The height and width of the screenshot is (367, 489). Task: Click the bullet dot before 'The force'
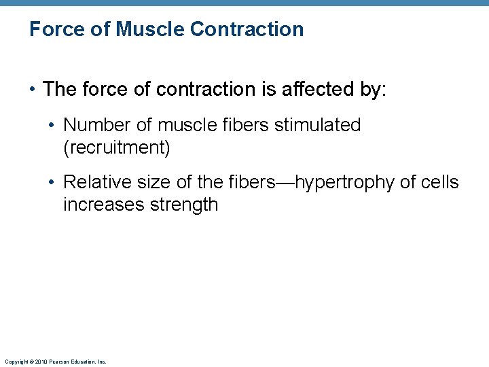(x=33, y=90)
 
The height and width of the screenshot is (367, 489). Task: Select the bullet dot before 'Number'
(x=53, y=126)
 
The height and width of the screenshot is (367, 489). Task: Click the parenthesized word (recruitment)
(x=116, y=147)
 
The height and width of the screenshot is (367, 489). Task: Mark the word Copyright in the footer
(x=15, y=362)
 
